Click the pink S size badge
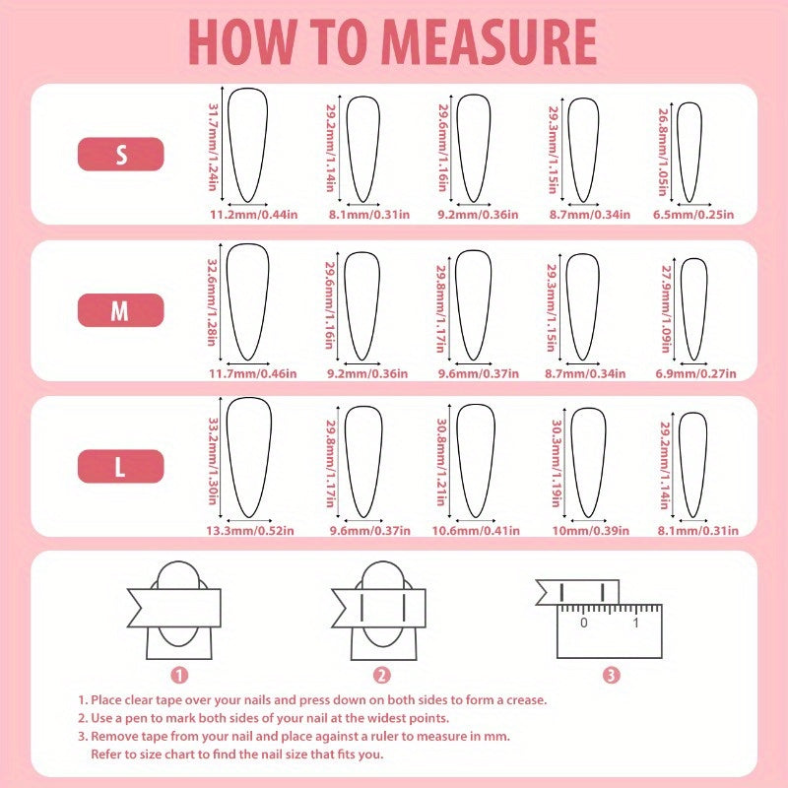tap(120, 155)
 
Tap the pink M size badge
tap(120, 310)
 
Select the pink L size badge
tap(120, 466)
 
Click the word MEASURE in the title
tap(489, 42)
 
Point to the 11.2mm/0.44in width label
tap(254, 215)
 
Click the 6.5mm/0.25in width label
tap(693, 215)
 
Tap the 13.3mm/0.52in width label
tap(250, 531)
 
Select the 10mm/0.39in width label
tap(590, 531)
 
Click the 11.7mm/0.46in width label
tap(253, 374)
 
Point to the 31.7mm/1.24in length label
tap(213, 147)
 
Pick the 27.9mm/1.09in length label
tap(667, 309)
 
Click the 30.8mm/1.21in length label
tap(441, 462)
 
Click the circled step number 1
tap(179, 675)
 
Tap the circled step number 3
tap(611, 675)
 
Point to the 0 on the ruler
tap(583, 623)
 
